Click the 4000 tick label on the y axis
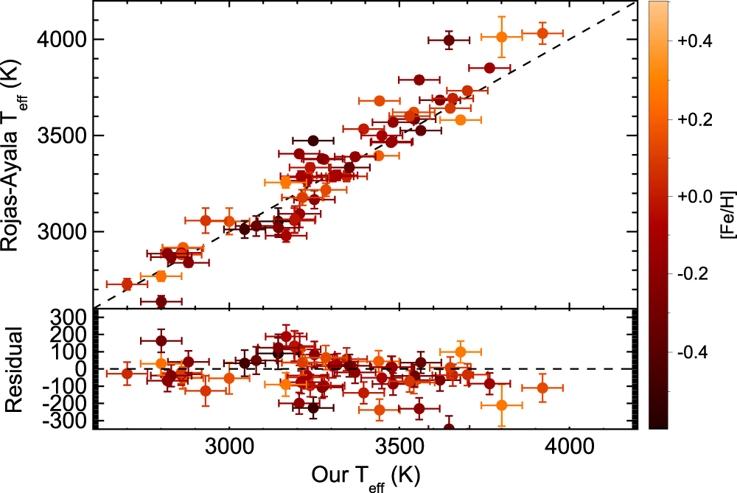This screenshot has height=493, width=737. click(62, 40)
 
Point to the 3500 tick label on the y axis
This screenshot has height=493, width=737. click(62, 136)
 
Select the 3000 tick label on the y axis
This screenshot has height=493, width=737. click(62, 231)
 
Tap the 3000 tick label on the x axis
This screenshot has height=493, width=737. click(229, 447)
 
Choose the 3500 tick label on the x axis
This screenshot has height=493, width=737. click(399, 447)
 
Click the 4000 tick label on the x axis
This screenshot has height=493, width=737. click(570, 447)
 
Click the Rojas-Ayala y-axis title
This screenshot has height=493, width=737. click(13, 155)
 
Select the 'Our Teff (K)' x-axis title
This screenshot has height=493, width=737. click(366, 478)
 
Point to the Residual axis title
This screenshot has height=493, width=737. click(13, 369)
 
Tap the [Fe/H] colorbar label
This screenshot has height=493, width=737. click(728, 214)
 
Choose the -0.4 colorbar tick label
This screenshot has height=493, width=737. click(693, 352)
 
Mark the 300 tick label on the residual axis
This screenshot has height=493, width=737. click(71, 318)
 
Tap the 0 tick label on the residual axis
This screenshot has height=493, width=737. click(81, 369)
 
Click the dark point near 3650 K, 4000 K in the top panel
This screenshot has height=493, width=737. click(449, 41)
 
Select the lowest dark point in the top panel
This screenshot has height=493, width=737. click(161, 301)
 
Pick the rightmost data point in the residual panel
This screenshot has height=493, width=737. click(542, 388)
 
